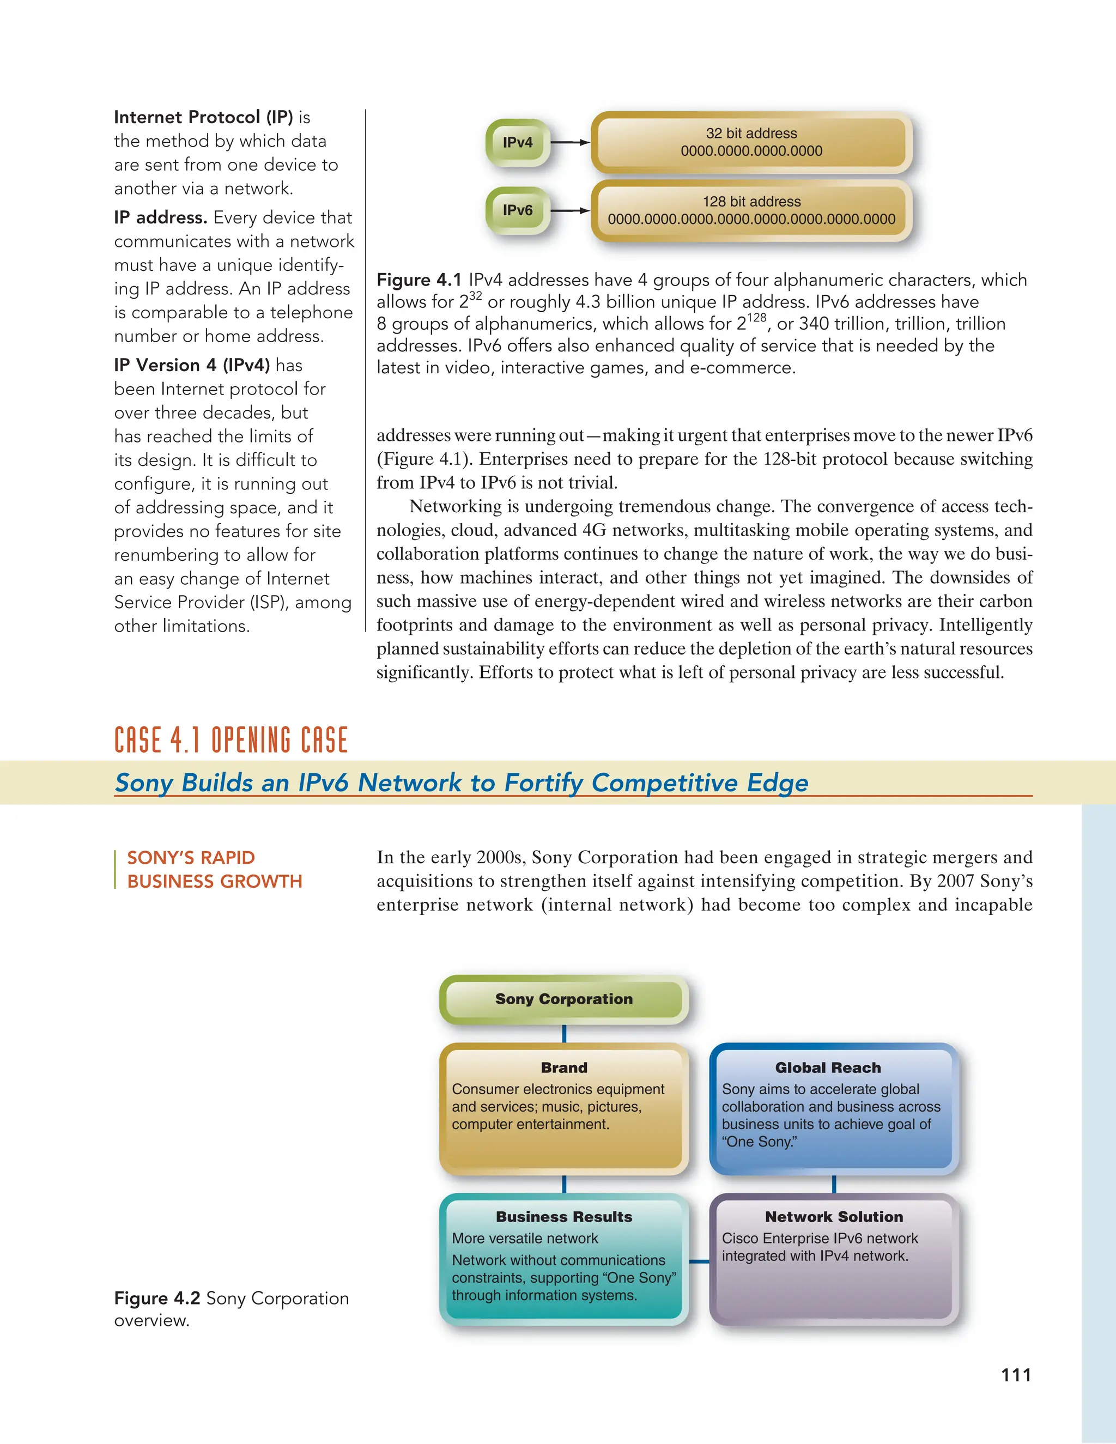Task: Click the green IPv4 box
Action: tap(517, 142)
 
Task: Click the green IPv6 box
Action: tap(517, 210)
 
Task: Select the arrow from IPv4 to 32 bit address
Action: tap(569, 142)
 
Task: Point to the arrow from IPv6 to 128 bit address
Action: tap(569, 211)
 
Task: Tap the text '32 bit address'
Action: tap(751, 133)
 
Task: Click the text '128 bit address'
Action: tap(751, 201)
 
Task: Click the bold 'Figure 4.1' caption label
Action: tap(418, 280)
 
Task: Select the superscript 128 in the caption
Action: tap(756, 317)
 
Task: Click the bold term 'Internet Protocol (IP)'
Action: tap(203, 117)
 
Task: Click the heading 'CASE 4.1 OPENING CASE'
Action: tap(231, 740)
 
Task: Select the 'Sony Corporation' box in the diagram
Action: tap(563, 999)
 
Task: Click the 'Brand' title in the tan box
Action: tap(563, 1068)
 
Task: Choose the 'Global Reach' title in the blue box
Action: tap(828, 1068)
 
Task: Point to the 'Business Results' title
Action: tap(563, 1217)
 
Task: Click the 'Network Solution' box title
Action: tap(834, 1217)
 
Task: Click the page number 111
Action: tap(1016, 1375)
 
